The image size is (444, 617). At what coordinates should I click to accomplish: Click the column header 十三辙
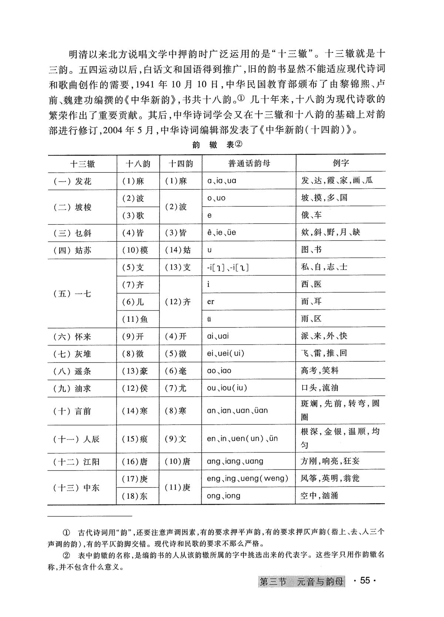83,163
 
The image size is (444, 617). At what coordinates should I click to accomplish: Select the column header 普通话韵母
249,163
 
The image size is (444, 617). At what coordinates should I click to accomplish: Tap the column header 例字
340,163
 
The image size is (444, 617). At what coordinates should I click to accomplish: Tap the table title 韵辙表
217,145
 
